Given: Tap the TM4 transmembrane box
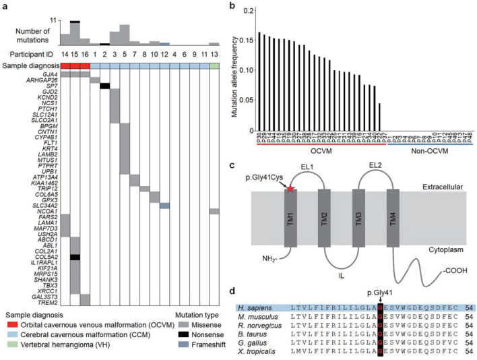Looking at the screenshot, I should point(393,223).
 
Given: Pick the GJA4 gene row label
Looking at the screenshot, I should point(49,73).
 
